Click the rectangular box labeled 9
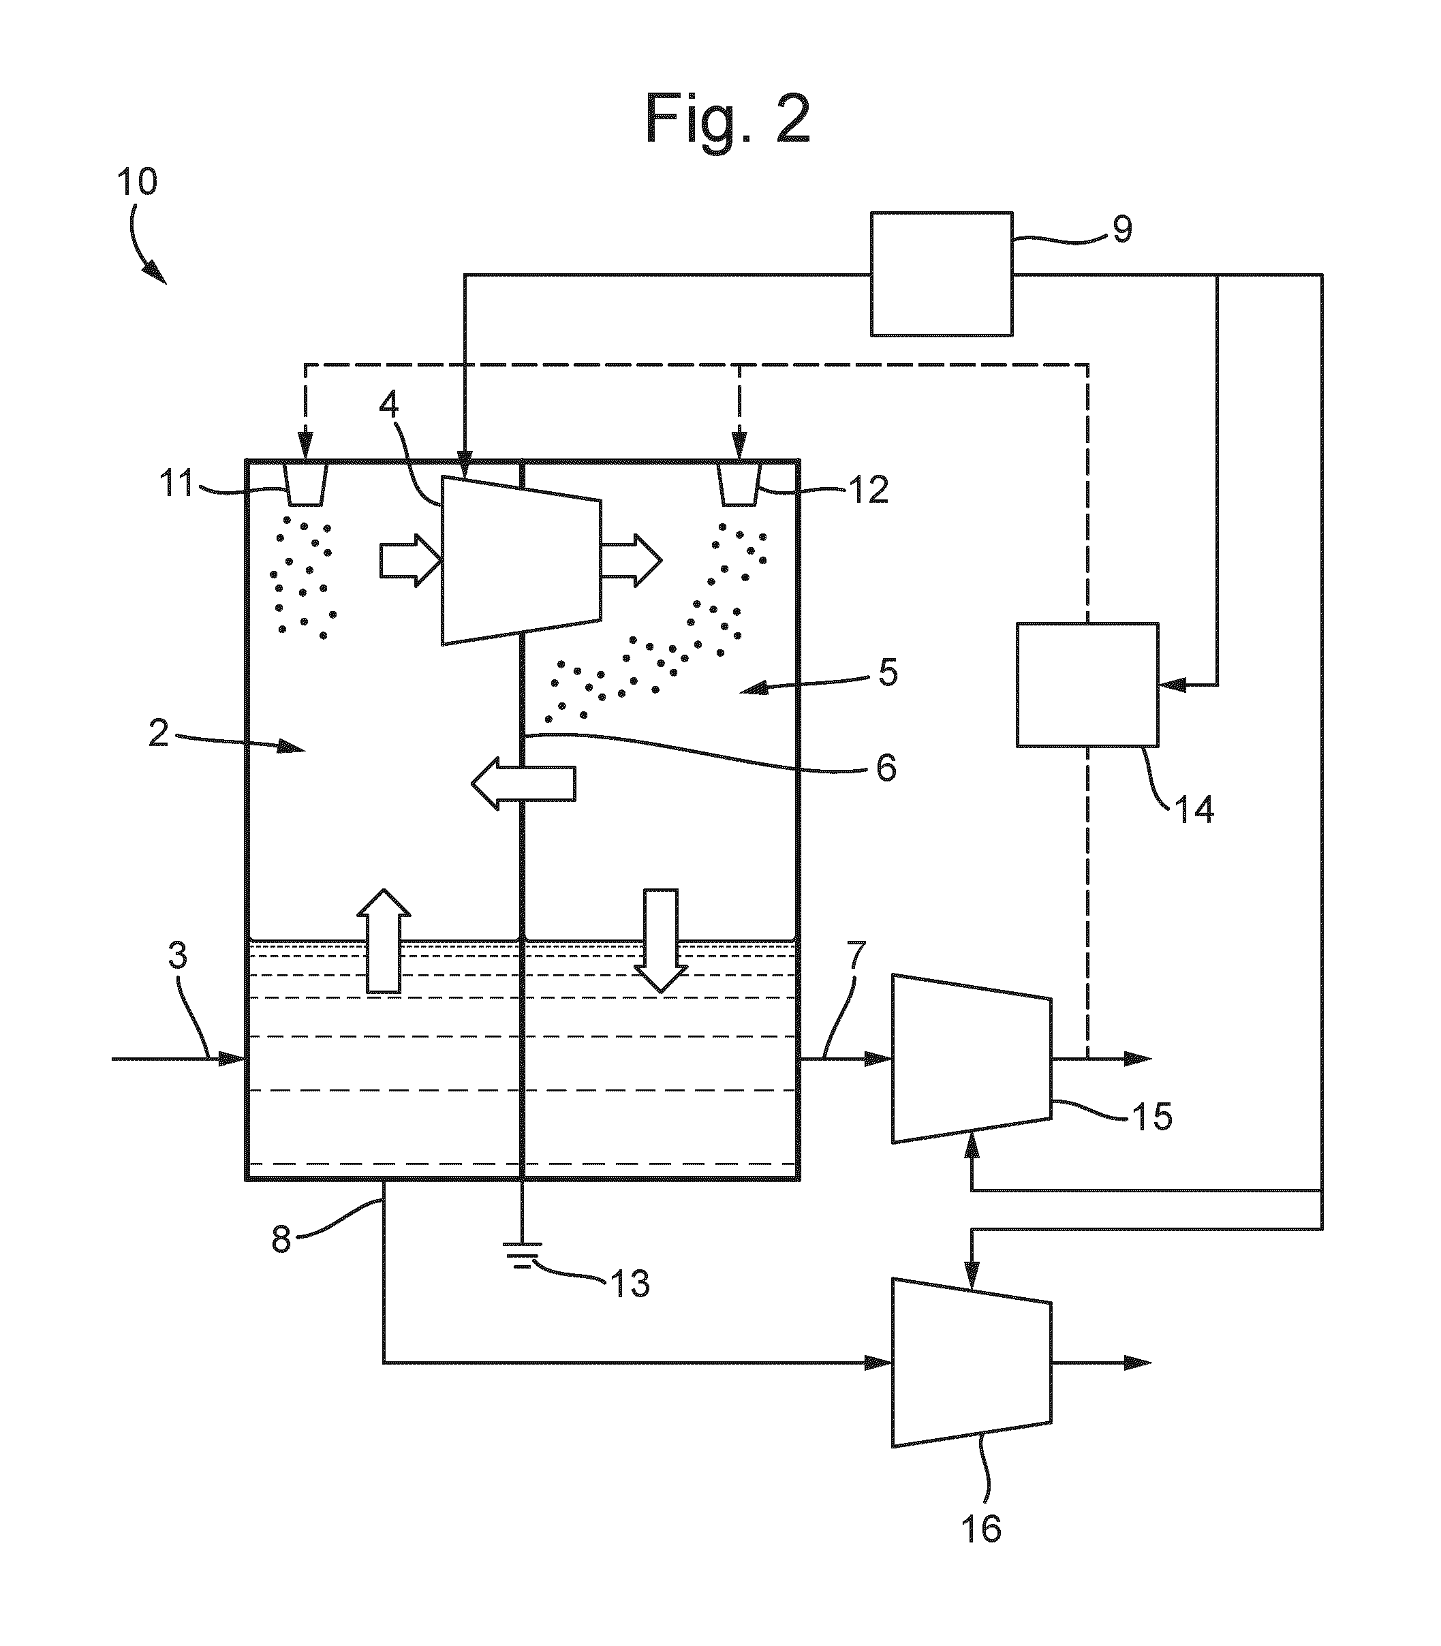coord(942,274)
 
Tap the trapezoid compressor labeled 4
coord(521,561)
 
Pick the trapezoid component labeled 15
coord(972,1058)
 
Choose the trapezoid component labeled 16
coord(972,1363)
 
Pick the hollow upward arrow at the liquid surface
coord(384,941)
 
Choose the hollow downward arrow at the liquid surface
coord(660,941)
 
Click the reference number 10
coord(138,182)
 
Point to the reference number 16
coord(981,1529)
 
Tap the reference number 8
coord(281,1241)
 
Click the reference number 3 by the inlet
coord(177,955)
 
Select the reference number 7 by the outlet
coord(857,954)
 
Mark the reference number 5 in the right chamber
coord(888,672)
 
